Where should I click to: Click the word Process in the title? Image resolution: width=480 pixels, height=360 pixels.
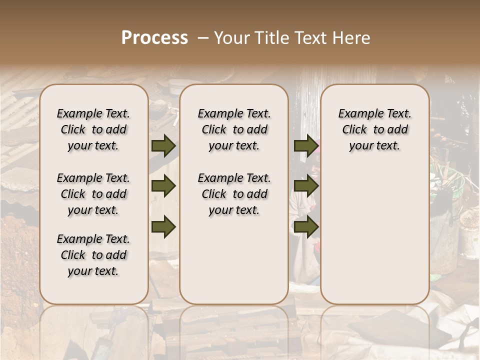(154, 38)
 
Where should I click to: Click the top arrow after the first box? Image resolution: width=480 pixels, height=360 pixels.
(163, 146)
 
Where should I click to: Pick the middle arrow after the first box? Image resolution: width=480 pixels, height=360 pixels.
(163, 186)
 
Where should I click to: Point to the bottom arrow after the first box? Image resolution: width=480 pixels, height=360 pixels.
(163, 227)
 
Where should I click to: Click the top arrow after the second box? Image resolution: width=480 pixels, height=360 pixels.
(305, 146)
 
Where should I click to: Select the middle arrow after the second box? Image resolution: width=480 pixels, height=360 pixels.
(305, 186)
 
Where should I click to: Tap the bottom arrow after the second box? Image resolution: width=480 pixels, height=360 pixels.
(305, 227)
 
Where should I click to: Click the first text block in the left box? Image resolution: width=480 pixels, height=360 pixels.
(93, 129)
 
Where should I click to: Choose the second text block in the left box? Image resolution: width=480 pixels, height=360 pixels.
(93, 194)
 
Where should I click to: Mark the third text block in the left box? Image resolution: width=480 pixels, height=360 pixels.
(93, 255)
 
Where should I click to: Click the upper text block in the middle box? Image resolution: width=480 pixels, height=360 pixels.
(234, 129)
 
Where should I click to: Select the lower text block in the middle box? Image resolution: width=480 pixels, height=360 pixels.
(234, 194)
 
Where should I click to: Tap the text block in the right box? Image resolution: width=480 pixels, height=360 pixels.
(374, 129)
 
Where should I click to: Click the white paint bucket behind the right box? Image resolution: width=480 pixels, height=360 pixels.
(469, 235)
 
